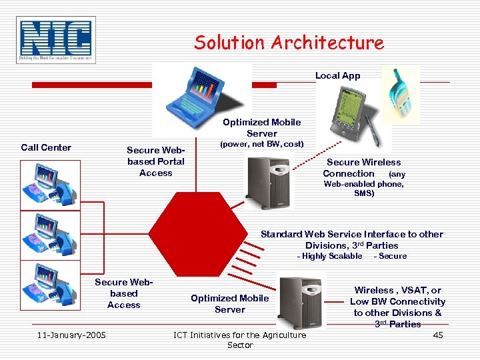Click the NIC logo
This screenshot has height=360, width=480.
[57, 40]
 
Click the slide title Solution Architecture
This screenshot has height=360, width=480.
[289, 43]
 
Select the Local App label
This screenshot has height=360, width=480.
[337, 75]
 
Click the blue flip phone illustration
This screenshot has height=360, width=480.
[403, 95]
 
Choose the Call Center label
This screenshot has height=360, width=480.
[46, 147]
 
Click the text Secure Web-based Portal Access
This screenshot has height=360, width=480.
[156, 161]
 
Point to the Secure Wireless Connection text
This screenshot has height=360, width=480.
[363, 167]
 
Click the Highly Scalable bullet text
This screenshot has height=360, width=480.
[329, 256]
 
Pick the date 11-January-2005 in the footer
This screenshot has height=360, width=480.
[71, 335]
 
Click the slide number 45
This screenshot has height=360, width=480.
[437, 335]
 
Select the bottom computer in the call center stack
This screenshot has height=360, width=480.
[51, 285]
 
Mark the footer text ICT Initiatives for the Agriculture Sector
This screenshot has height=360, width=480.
[240, 339]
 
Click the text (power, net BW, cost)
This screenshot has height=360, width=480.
[262, 144]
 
